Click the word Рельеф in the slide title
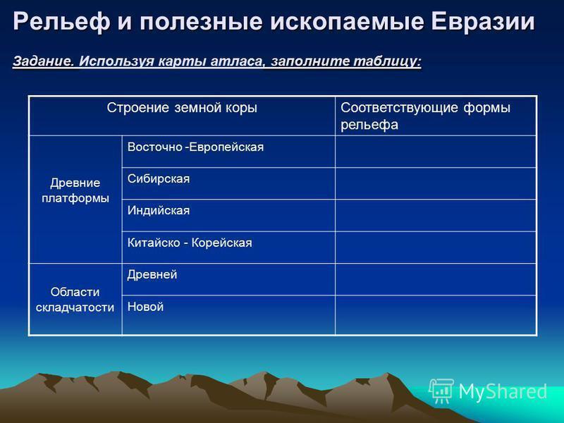[61, 22]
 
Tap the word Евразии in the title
[483, 21]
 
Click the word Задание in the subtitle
[44, 61]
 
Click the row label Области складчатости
[75, 299]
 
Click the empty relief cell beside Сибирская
[436, 183]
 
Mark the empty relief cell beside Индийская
[436, 216]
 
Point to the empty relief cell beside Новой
[436, 315]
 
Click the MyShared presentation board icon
[441, 391]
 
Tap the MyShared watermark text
[503, 391]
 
